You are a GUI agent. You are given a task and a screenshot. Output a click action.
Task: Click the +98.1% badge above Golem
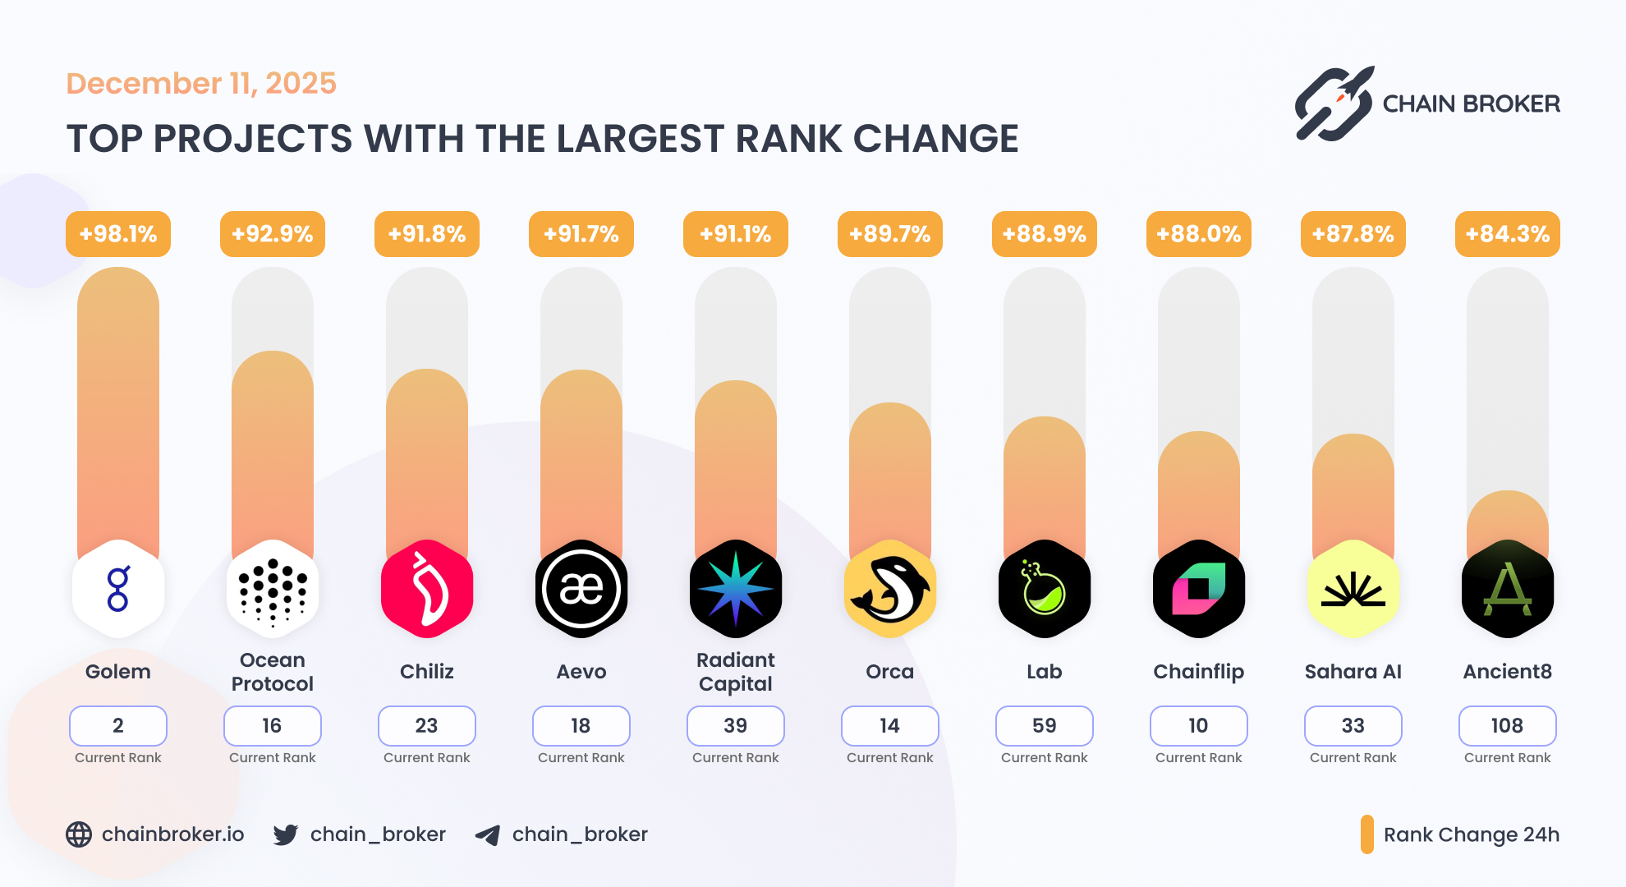click(x=118, y=234)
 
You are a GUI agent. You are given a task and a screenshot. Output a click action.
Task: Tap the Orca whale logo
click(x=889, y=589)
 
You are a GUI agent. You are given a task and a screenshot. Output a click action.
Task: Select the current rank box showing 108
click(x=1507, y=725)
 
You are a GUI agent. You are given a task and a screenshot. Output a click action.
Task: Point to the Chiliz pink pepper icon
click(x=427, y=589)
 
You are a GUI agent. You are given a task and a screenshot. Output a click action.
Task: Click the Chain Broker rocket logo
click(x=1334, y=103)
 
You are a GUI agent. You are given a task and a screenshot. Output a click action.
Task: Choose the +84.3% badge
click(x=1507, y=234)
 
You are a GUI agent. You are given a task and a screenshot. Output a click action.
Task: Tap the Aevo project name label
click(x=581, y=672)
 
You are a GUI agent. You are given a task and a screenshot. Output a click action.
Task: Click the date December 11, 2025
click(x=201, y=83)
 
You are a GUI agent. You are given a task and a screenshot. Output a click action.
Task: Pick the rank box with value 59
click(x=1044, y=725)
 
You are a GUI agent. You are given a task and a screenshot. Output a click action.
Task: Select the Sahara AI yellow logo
click(x=1353, y=589)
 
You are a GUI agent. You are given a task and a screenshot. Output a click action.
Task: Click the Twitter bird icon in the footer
click(x=286, y=834)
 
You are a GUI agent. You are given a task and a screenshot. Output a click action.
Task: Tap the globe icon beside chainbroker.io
click(x=79, y=834)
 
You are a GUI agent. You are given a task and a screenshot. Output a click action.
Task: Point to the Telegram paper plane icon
click(x=488, y=835)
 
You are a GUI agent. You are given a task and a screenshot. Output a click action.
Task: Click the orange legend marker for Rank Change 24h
click(x=1366, y=834)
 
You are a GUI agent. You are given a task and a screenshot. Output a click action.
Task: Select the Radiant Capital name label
click(x=736, y=672)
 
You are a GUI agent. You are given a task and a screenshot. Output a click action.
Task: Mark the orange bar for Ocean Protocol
click(x=273, y=452)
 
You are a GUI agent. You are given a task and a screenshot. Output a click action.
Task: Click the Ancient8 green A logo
click(x=1507, y=589)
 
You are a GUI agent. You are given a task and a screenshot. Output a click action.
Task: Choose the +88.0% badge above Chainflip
click(x=1198, y=234)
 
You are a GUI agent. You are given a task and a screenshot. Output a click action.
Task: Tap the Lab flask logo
click(x=1044, y=589)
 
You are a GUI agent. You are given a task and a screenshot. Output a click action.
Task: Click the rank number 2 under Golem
click(x=118, y=725)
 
